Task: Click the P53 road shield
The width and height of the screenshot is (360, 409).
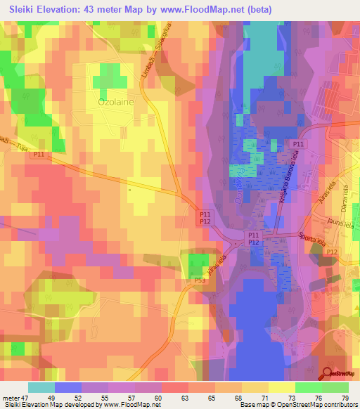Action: (x=200, y=281)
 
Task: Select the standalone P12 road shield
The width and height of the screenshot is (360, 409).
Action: (x=332, y=252)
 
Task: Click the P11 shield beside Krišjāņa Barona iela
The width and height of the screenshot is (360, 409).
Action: (x=298, y=144)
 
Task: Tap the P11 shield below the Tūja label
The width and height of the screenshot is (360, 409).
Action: (x=39, y=154)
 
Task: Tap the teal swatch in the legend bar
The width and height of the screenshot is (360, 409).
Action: (x=41, y=387)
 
